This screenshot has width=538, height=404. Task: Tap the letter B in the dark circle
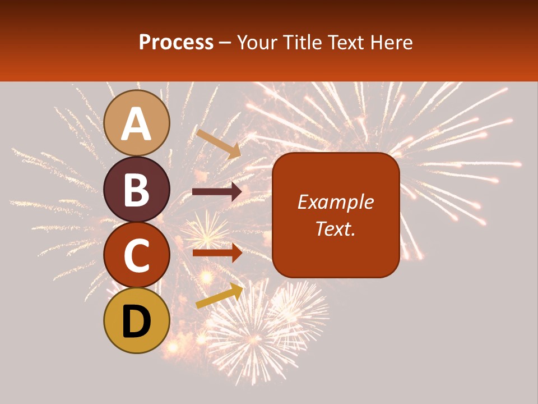[137, 190]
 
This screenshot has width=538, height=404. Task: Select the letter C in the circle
[137, 255]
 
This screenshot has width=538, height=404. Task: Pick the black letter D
[137, 322]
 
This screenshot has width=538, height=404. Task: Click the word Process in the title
[176, 42]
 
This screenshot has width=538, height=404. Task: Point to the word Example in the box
[336, 202]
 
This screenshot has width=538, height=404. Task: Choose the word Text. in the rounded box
[336, 228]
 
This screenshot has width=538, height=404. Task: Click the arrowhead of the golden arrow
[238, 290]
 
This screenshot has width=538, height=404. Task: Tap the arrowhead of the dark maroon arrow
[236, 192]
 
